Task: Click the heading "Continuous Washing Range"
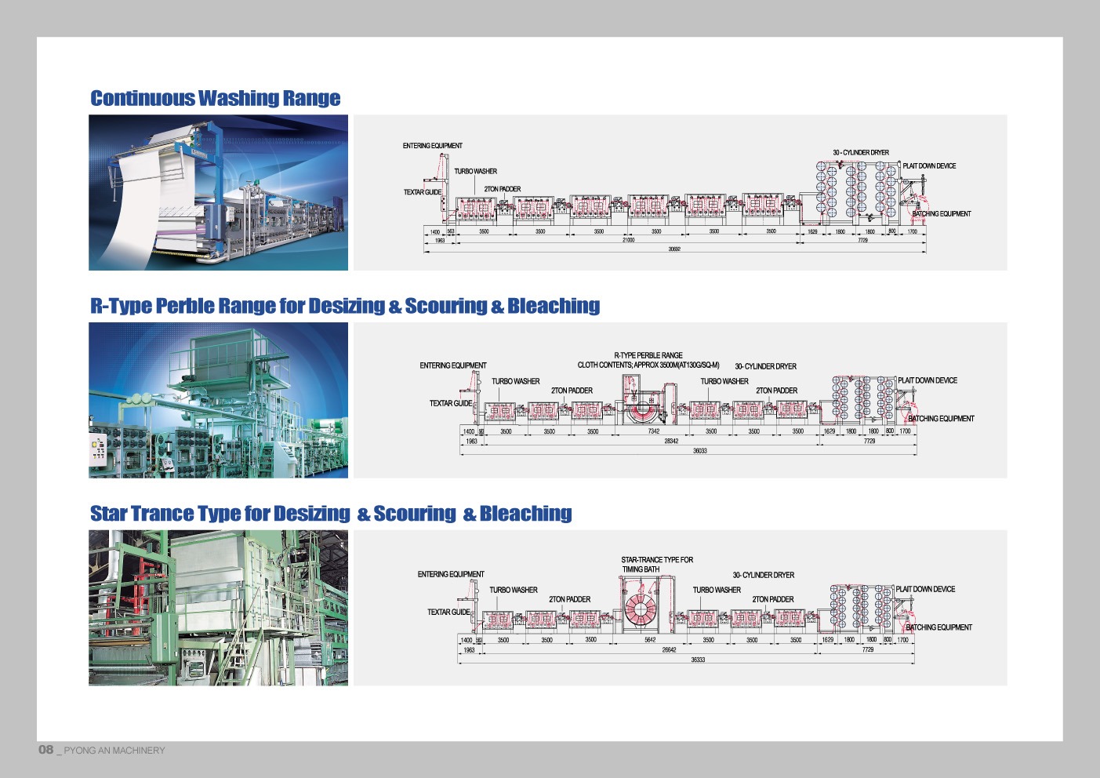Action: click(x=215, y=98)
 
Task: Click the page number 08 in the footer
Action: click(x=46, y=750)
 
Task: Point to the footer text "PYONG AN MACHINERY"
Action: click(x=114, y=751)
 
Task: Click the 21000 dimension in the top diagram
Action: click(x=628, y=241)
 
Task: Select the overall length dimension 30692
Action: click(x=674, y=249)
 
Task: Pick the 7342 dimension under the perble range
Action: click(x=654, y=431)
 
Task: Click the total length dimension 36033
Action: click(x=699, y=451)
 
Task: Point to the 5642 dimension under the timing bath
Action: click(x=650, y=640)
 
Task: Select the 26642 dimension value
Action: click(x=669, y=650)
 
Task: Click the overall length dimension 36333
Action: click(x=698, y=660)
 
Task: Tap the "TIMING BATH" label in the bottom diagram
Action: click(x=641, y=569)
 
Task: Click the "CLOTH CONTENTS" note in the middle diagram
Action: click(x=648, y=365)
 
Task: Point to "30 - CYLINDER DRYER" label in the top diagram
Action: click(x=861, y=153)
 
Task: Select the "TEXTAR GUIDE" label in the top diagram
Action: click(x=423, y=192)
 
